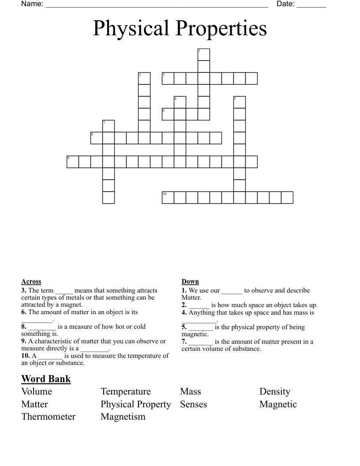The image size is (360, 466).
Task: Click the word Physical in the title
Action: click(x=131, y=29)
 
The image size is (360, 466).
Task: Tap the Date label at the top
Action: click(x=285, y=4)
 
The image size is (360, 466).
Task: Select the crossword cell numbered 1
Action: click(x=203, y=54)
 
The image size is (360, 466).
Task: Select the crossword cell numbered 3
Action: click(x=168, y=78)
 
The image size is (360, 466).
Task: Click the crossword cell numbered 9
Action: click(x=72, y=162)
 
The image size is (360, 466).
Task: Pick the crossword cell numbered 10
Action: click(x=168, y=197)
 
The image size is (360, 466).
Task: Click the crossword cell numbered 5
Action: click(x=239, y=102)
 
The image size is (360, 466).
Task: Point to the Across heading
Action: click(x=31, y=282)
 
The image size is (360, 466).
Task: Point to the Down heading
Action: click(x=190, y=282)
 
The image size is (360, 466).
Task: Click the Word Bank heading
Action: click(x=46, y=379)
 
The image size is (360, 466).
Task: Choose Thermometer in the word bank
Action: click(x=48, y=417)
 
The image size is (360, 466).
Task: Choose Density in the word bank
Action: click(x=274, y=391)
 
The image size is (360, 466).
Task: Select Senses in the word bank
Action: click(x=193, y=404)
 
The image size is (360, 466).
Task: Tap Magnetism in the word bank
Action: click(x=123, y=417)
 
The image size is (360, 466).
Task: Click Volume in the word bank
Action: click(x=37, y=391)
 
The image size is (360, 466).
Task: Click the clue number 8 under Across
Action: click(x=23, y=327)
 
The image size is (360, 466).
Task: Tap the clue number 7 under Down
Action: click(x=184, y=342)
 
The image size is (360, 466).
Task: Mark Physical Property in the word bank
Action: click(x=135, y=404)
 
